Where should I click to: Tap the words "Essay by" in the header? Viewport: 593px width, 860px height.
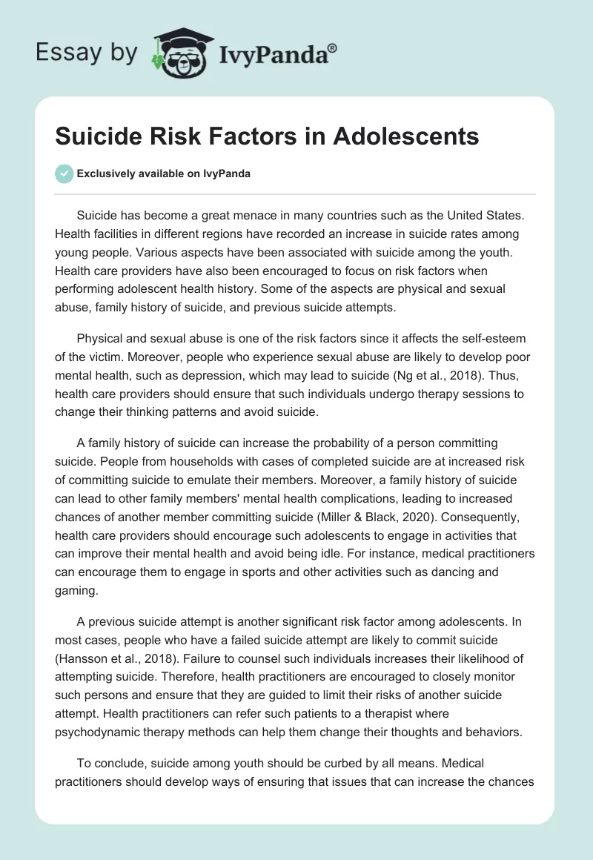click(x=86, y=53)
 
